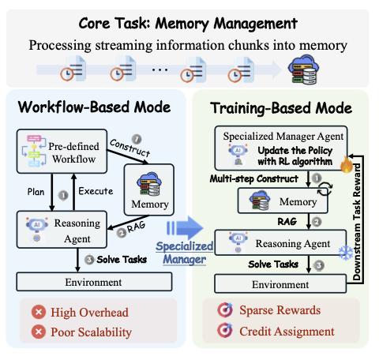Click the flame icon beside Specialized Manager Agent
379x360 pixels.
pyautogui.click(x=347, y=165)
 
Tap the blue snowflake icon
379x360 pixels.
pyautogui.click(x=346, y=253)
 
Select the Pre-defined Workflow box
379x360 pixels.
pyautogui.click(x=62, y=152)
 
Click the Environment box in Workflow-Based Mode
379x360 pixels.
pyautogui.click(x=94, y=282)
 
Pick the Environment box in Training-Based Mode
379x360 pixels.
pyautogui.click(x=280, y=284)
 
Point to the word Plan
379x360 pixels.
pyautogui.click(x=36, y=192)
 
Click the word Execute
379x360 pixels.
pyautogui.click(x=96, y=191)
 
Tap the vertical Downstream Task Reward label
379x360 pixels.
pyautogui.click(x=357, y=222)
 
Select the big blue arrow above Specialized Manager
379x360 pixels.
pyautogui.click(x=185, y=227)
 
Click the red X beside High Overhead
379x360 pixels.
pyautogui.click(x=39, y=312)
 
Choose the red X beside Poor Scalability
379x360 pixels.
pyautogui.click(x=39, y=332)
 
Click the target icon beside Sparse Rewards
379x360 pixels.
pyautogui.click(x=225, y=309)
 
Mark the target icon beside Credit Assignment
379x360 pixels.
pyautogui.click(x=225, y=330)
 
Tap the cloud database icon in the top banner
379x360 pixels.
pyautogui.click(x=304, y=69)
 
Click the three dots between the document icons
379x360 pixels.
pyautogui.click(x=159, y=70)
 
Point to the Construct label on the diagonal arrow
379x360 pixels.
pyautogui.click(x=129, y=148)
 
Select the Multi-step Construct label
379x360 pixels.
pyautogui.click(x=254, y=178)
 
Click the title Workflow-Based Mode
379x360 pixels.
pyautogui.click(x=94, y=107)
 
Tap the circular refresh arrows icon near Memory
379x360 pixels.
pyautogui.click(x=325, y=189)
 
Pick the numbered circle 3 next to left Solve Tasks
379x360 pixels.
pyautogui.click(x=89, y=260)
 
